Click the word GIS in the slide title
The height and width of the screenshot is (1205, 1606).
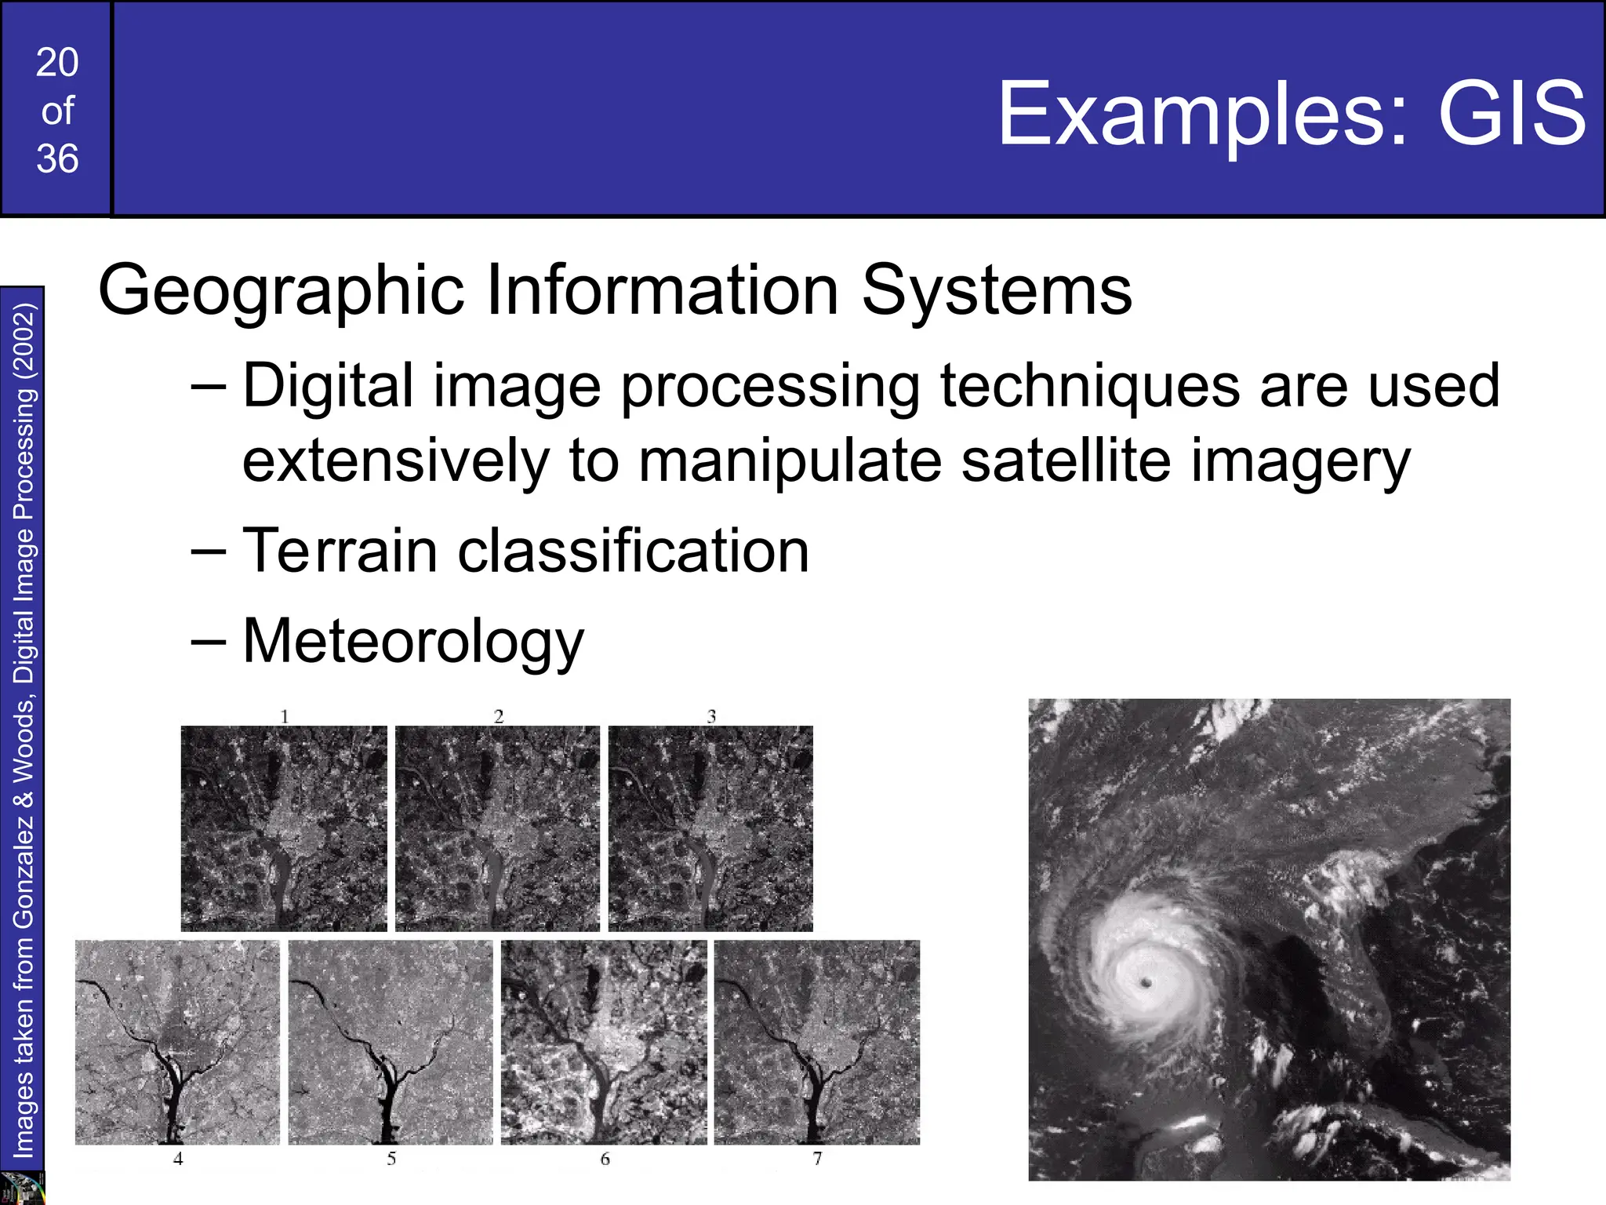point(1512,115)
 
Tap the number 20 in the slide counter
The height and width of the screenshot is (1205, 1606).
point(57,63)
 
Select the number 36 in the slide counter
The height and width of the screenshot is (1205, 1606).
point(57,159)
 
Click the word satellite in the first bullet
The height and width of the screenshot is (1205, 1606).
point(1066,461)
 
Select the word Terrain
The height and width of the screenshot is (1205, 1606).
point(340,551)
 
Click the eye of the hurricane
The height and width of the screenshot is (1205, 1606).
point(1146,983)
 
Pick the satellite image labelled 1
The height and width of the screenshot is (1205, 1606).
point(284,828)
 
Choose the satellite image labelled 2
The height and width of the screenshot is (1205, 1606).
point(497,828)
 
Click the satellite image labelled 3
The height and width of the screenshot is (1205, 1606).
point(710,828)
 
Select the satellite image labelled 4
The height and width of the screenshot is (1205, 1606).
point(177,1042)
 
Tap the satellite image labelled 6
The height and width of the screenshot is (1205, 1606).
point(604,1042)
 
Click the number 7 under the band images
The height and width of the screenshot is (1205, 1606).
point(817,1159)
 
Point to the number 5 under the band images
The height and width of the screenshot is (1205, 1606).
point(391,1159)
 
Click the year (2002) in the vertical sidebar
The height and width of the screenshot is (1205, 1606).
point(24,341)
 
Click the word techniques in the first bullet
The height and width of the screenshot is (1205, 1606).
point(1089,387)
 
